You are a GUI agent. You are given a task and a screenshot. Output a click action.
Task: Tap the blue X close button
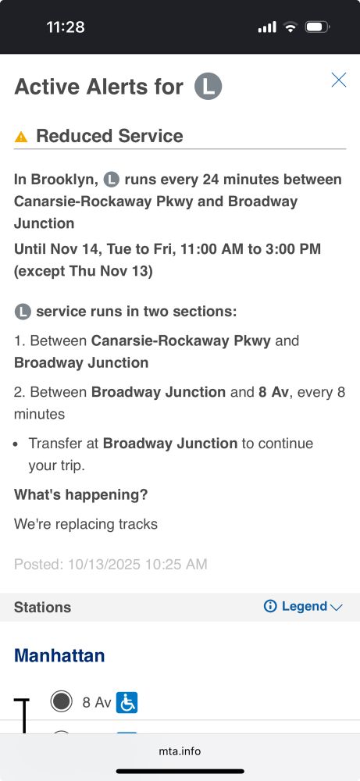pos(339,80)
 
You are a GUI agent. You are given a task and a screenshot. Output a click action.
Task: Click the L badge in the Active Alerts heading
pos(209,86)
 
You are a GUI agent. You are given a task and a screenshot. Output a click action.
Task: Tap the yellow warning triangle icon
pos(21,137)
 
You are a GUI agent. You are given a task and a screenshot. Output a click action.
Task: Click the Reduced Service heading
pos(109,135)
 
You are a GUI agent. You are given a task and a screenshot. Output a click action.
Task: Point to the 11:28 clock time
pos(66,27)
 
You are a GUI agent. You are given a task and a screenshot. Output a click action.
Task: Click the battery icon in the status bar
pos(317,27)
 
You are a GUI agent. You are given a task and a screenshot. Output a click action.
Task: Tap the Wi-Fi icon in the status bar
pos(290,27)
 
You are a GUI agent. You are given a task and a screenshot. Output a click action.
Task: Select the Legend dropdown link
pos(303,606)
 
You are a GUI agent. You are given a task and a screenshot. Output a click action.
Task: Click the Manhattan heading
pos(59,655)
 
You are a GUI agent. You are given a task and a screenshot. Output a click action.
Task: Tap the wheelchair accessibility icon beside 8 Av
pos(127,702)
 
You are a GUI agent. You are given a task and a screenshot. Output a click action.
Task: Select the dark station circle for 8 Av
pos(61,701)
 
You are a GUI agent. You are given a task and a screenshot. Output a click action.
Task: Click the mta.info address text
pos(180,751)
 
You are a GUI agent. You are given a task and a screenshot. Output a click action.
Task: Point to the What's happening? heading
pos(80,494)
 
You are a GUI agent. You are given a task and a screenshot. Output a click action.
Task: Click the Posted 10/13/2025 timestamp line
pos(111,564)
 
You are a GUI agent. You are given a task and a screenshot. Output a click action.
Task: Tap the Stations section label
pos(42,607)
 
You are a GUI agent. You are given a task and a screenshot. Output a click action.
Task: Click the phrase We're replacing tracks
pos(86,524)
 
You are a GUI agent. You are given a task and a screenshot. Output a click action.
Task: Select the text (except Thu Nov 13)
pos(83,271)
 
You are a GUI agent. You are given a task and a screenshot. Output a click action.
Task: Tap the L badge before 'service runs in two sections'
pos(23,312)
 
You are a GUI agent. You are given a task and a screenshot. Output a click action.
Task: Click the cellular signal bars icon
pos(267,27)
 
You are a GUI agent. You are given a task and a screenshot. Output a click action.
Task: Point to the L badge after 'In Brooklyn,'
pos(112,180)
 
